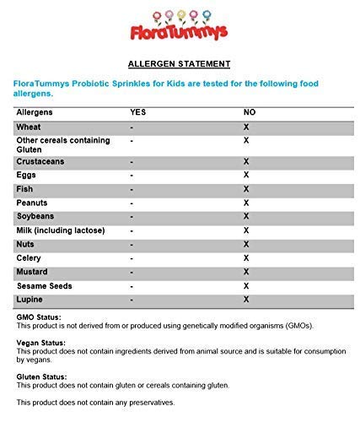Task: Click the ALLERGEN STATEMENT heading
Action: [x=180, y=63]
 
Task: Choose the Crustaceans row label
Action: [x=40, y=160]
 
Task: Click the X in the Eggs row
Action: [x=246, y=175]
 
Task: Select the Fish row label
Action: [x=24, y=189]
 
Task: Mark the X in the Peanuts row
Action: [x=246, y=203]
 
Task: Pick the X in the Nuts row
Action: [x=246, y=244]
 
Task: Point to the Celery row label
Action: [x=29, y=258]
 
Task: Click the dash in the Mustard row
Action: [x=132, y=272]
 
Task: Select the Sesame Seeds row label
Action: [x=44, y=286]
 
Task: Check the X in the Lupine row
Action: [x=246, y=300]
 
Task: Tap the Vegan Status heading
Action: [x=41, y=344]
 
